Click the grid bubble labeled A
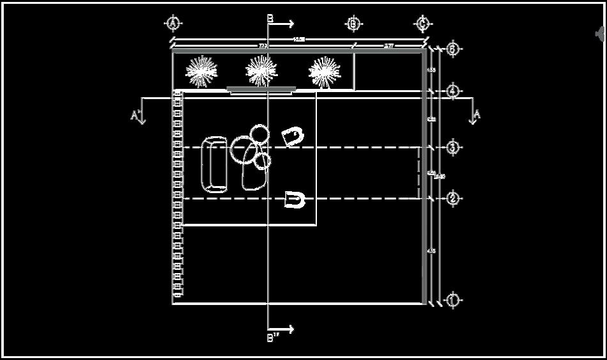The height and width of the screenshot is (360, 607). (173, 24)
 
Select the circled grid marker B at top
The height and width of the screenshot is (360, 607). (353, 24)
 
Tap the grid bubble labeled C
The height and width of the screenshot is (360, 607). (422, 24)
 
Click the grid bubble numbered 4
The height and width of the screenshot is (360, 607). (452, 91)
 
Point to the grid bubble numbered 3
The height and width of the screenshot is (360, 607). (452, 148)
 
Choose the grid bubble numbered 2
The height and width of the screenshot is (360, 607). (452, 198)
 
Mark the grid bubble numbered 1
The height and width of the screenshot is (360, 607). (452, 300)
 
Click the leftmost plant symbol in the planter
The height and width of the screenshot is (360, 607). (201, 72)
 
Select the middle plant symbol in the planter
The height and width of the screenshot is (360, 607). (262, 70)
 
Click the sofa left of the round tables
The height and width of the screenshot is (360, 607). (214, 164)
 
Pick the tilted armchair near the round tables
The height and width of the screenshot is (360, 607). (293, 136)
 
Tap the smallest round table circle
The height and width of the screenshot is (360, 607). (263, 161)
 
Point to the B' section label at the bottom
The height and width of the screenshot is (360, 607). (272, 337)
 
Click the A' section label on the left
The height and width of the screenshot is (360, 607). (135, 115)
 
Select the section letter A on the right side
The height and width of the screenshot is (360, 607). (475, 114)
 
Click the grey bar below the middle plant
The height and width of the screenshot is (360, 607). (261, 90)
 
